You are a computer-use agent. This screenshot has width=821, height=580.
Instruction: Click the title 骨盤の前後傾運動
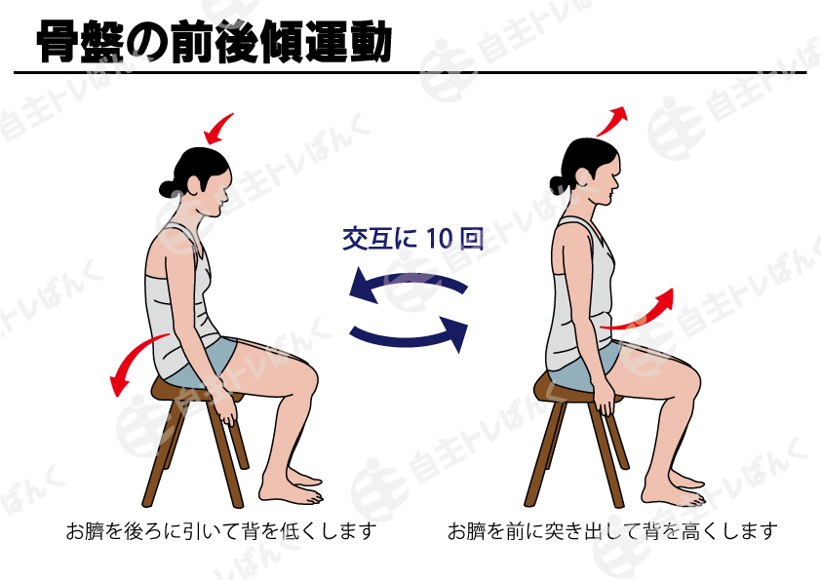[215, 40]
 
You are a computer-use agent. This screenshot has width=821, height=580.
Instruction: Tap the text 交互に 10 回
[412, 239]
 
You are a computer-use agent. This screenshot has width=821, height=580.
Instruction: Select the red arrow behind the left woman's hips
[135, 359]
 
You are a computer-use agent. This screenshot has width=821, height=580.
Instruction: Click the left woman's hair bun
[167, 187]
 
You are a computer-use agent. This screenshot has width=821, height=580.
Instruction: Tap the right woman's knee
[688, 375]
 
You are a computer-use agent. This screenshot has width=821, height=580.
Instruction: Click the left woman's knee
[305, 375]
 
